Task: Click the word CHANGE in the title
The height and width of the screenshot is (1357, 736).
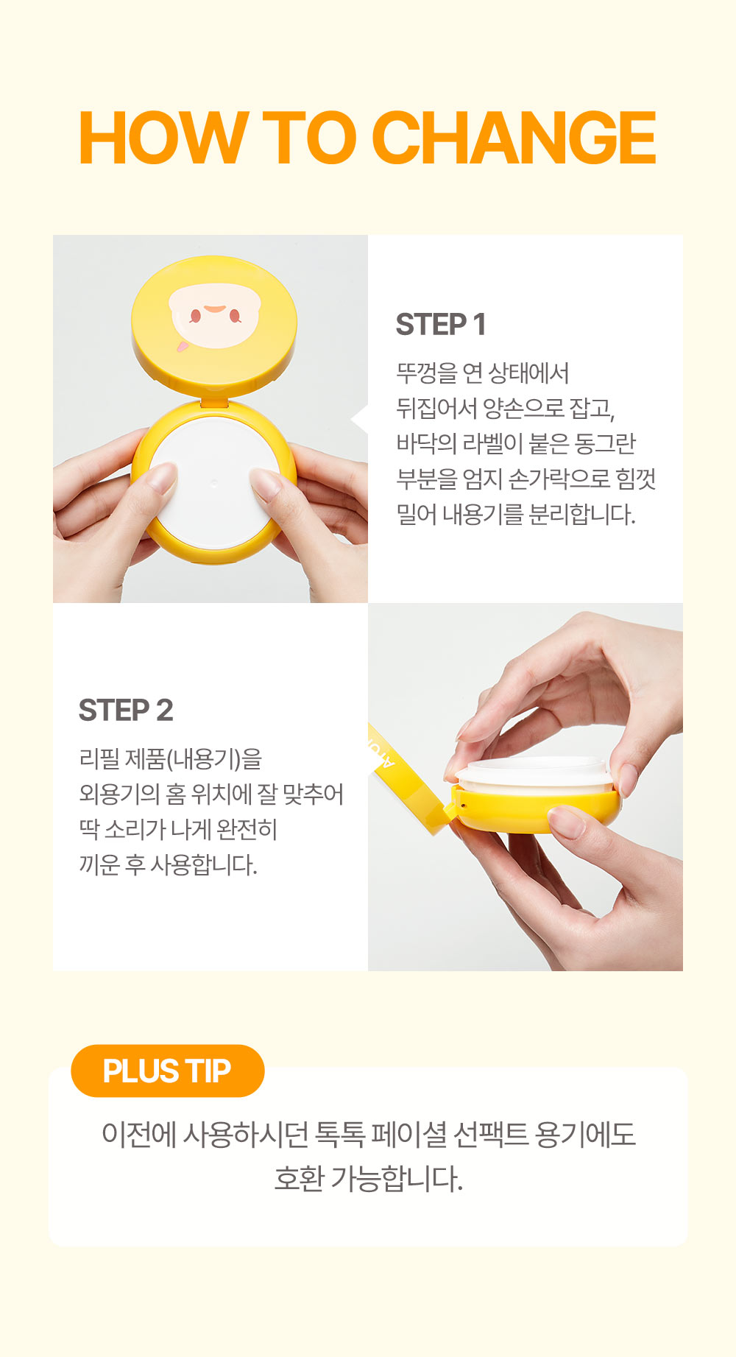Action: (x=514, y=138)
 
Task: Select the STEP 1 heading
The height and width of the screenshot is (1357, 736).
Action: (x=441, y=325)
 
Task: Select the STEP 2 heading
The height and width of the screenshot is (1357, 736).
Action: (x=126, y=711)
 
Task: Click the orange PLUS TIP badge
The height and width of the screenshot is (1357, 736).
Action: (x=167, y=1071)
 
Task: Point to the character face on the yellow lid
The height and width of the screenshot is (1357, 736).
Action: (x=213, y=315)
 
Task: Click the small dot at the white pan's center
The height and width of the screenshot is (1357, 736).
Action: (x=213, y=483)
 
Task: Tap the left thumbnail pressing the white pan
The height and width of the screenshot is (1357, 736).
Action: (x=163, y=478)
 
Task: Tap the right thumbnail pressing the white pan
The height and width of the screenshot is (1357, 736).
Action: (x=264, y=483)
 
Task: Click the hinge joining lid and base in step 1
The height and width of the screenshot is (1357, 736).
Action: (x=214, y=401)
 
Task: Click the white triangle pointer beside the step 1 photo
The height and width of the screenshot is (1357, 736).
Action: (x=359, y=419)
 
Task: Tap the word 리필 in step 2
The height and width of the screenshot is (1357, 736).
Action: (x=99, y=758)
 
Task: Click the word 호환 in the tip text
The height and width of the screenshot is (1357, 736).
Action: (x=299, y=1177)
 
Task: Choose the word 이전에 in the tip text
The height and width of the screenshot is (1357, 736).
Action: (x=139, y=1134)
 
